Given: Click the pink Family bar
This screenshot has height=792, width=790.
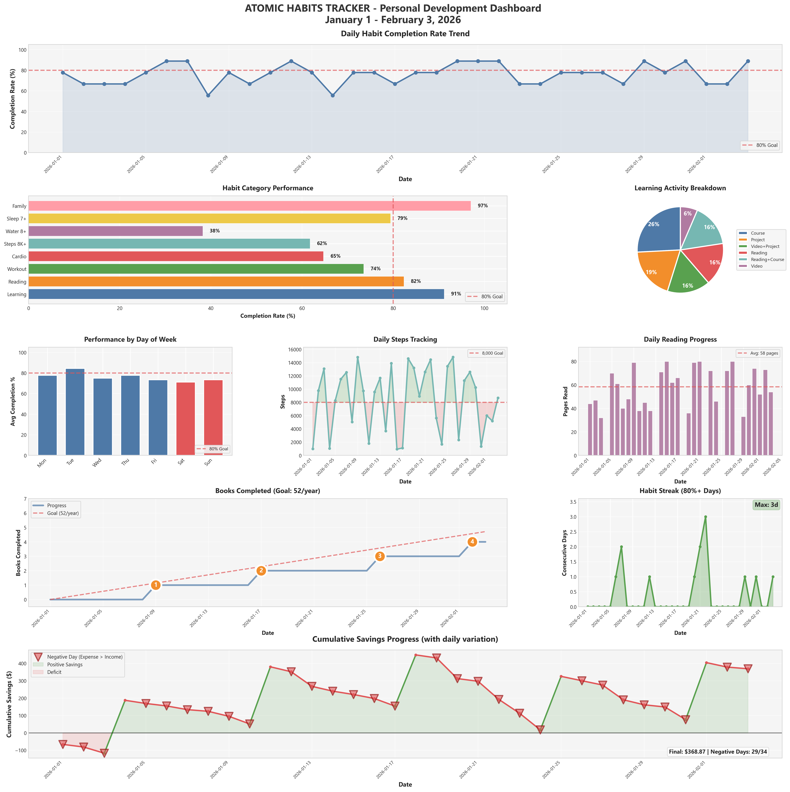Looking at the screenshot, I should [249, 206].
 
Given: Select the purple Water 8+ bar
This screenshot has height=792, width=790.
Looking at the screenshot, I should [116, 231].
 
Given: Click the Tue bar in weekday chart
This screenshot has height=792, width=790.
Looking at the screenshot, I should [75, 412].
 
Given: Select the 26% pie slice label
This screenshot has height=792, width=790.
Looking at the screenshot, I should [654, 224].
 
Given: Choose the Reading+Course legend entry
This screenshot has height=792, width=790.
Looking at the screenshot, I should [767, 259].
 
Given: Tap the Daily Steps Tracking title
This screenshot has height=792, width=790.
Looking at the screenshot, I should [405, 339].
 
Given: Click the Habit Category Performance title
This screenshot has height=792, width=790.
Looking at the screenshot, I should [268, 188].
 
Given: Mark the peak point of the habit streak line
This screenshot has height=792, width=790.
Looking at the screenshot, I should [705, 517].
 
